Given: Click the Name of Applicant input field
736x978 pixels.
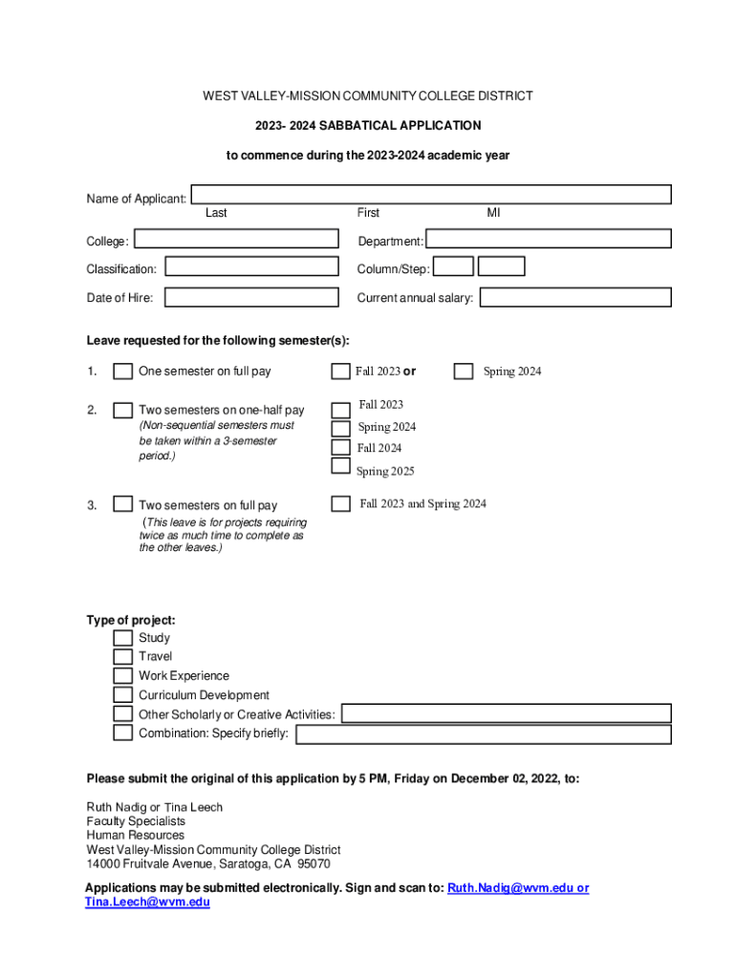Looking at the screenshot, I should (x=431, y=195).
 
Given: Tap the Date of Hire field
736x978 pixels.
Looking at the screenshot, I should (x=251, y=297).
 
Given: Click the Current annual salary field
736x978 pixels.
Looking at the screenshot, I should (x=575, y=297).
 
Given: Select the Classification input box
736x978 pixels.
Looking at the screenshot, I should (x=251, y=266).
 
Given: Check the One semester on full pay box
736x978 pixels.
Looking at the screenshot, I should (x=122, y=372).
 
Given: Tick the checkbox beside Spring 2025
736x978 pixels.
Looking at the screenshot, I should (x=340, y=466).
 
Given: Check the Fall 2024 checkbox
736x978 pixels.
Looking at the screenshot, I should (x=340, y=447).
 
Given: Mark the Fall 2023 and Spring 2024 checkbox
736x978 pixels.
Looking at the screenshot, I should (x=340, y=503).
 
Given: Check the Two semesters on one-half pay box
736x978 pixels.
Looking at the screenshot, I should (x=122, y=411).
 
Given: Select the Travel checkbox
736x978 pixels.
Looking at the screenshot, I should (x=122, y=656).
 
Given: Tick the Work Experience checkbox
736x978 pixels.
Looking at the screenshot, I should (x=122, y=675).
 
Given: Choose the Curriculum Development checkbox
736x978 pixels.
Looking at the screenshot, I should (x=122, y=694).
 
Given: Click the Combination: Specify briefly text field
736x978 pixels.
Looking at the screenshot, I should (x=483, y=733).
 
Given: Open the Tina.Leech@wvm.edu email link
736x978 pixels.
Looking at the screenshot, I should (x=147, y=902).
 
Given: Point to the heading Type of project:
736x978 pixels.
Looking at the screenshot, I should (x=131, y=620).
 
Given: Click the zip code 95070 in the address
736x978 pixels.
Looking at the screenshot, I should (x=314, y=863).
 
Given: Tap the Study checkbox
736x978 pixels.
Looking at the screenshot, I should (x=122, y=637).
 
